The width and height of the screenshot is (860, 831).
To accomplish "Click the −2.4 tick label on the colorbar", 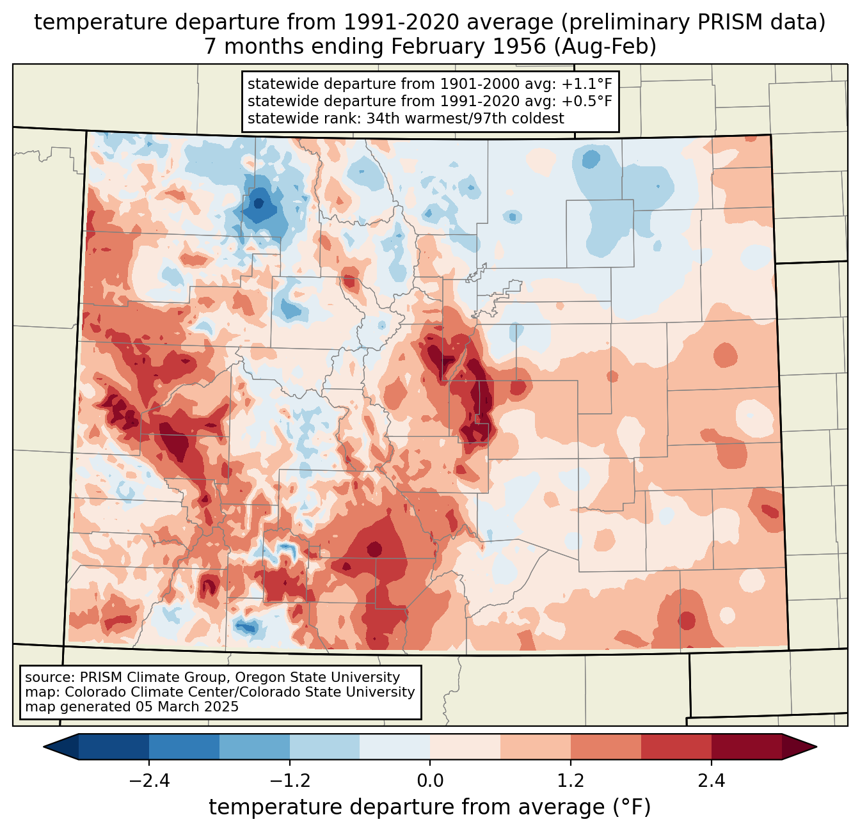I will pyautogui.click(x=148, y=781).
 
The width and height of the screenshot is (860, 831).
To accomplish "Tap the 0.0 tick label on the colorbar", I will pyautogui.click(x=430, y=781).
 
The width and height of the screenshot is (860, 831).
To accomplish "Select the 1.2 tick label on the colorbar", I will pyautogui.click(x=571, y=781).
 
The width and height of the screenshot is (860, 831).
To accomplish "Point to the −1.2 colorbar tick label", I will pyautogui.click(x=289, y=781).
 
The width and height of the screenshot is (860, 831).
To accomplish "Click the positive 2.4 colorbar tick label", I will pyautogui.click(x=711, y=781).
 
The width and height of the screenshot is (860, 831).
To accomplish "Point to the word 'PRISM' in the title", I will pyautogui.click(x=731, y=22).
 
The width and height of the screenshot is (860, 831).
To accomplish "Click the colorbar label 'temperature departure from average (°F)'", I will pyautogui.click(x=430, y=807).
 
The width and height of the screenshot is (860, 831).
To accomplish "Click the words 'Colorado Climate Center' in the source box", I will pyautogui.click(x=143, y=692).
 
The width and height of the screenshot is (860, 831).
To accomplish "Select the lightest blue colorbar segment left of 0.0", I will pyautogui.click(x=395, y=747).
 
